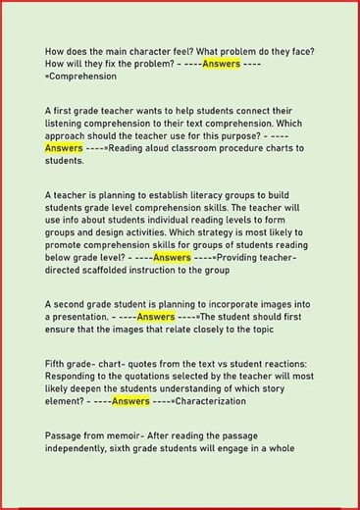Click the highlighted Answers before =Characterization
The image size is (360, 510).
point(130,401)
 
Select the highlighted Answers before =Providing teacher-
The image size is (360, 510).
point(172,257)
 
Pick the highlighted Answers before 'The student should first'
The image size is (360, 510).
point(156,317)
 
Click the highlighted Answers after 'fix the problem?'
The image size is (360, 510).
point(221,64)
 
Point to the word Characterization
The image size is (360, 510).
point(217,401)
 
